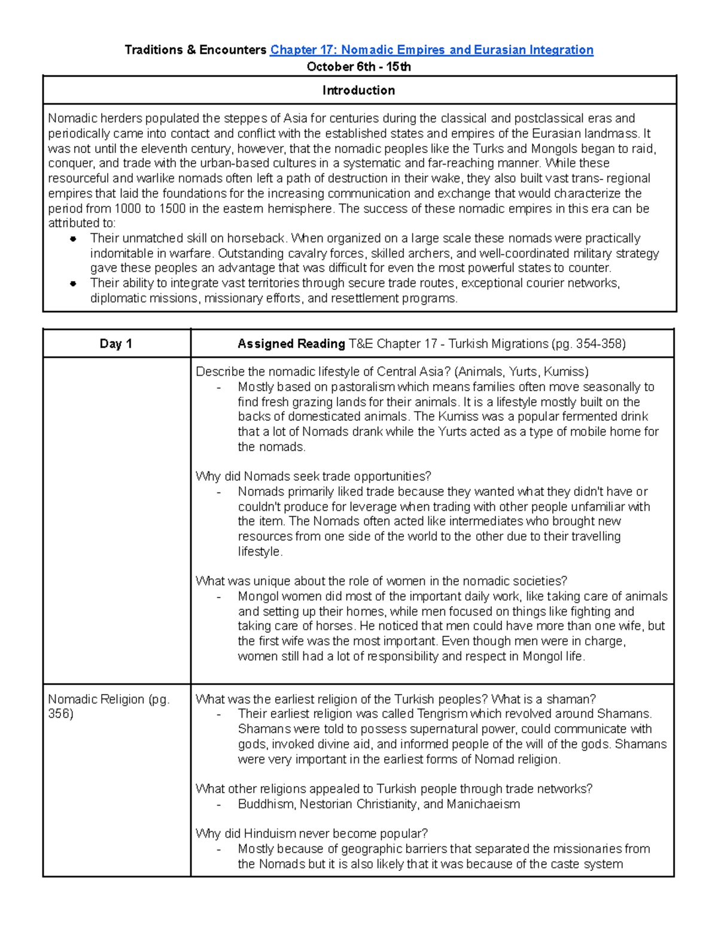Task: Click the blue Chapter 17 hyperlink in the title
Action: (x=431, y=50)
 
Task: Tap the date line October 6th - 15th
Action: (x=358, y=66)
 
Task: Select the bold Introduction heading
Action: (x=358, y=90)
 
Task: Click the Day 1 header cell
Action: (x=116, y=343)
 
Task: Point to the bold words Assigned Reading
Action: (x=291, y=343)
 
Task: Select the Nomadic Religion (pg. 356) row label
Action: (x=108, y=706)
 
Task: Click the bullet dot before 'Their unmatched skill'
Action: (x=73, y=239)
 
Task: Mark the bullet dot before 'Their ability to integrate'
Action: (x=73, y=284)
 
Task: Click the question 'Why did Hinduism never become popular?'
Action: (x=311, y=833)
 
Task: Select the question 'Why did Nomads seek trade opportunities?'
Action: (x=313, y=476)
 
